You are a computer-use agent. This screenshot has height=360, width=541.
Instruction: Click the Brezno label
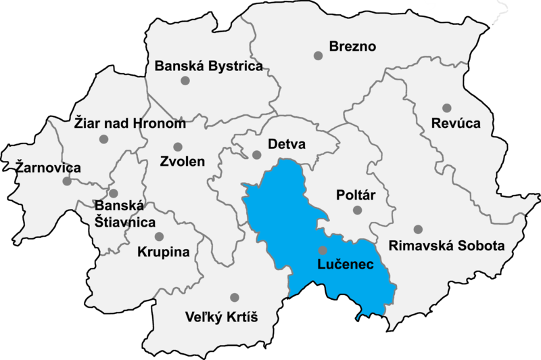[352, 47]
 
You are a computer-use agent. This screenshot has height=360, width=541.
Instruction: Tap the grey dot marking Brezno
[318, 55]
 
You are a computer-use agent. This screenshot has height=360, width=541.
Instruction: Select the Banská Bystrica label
[208, 66]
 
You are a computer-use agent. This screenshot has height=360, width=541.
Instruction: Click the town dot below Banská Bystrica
[185, 81]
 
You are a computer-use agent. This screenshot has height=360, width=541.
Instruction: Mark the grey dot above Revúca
[446, 108]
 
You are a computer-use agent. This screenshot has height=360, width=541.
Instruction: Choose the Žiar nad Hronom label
[128, 124]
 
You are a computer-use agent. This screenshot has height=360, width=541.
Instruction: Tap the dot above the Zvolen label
[178, 147]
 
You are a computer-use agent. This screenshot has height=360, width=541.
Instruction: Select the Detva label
[287, 145]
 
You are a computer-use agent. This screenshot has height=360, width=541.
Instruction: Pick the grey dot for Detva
[256, 154]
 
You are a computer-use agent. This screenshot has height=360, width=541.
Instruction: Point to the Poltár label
[356, 195]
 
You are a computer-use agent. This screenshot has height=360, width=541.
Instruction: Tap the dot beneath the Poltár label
[357, 210]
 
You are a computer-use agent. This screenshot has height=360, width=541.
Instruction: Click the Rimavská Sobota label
[446, 245]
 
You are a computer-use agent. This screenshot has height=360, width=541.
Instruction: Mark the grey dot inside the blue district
[323, 250]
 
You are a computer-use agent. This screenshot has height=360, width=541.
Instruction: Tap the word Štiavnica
[124, 222]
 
